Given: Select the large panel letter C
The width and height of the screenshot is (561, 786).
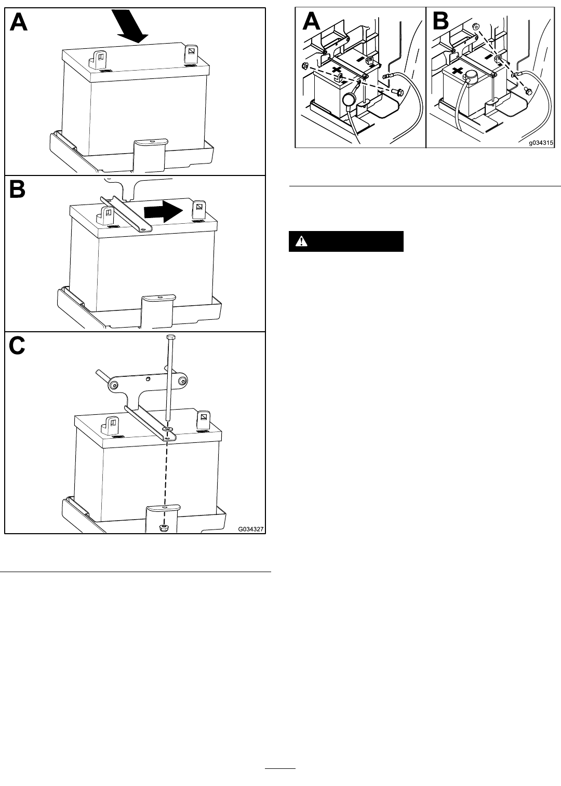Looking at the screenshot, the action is (17, 345).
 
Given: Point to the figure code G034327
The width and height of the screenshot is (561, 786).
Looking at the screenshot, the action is (251, 529).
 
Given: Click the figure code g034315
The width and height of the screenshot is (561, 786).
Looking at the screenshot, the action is (541, 143).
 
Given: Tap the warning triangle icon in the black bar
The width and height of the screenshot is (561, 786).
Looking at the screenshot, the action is (301, 241).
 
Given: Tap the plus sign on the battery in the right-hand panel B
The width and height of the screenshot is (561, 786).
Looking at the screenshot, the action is (457, 71).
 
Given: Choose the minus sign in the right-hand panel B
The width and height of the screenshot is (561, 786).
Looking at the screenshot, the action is (488, 56).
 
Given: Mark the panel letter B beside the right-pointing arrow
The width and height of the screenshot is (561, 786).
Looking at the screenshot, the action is (17, 190).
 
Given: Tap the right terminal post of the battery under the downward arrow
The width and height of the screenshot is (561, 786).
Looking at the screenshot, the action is (192, 54).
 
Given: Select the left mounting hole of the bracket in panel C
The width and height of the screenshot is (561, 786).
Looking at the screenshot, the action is (114, 386).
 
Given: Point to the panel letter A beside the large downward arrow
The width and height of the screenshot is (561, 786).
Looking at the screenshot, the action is (19, 22).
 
